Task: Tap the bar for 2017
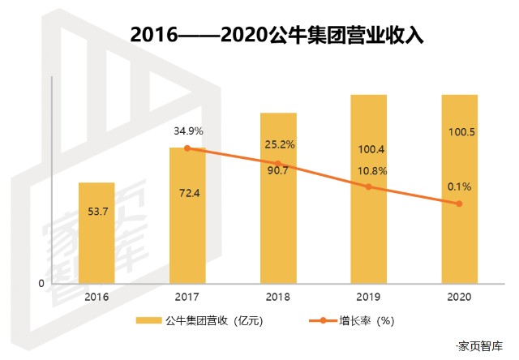(x=187, y=216)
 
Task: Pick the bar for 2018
(x=278, y=199)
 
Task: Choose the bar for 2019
(x=369, y=190)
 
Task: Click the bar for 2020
(x=459, y=190)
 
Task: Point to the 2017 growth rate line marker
(x=187, y=148)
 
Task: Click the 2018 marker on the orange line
(x=278, y=165)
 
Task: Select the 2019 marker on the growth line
(x=369, y=187)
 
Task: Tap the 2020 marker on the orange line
(x=459, y=204)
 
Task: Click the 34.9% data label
(x=187, y=131)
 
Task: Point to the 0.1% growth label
(x=459, y=186)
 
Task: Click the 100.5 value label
(x=459, y=131)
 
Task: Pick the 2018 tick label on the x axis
(x=278, y=297)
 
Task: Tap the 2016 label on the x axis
(x=97, y=297)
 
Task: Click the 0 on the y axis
(x=41, y=283)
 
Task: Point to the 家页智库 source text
(x=480, y=346)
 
